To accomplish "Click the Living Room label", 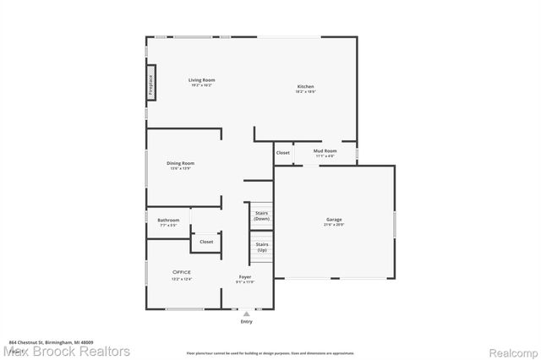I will (200, 80).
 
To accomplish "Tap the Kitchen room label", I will (305, 87).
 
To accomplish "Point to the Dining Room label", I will (180, 163).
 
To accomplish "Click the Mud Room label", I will (325, 151).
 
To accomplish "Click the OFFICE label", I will (182, 271).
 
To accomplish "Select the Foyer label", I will (245, 276).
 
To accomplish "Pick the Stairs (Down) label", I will (262, 215).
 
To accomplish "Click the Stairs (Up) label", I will (262, 248).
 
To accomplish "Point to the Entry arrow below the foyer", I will (246, 314).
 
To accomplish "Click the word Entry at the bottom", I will (246, 322).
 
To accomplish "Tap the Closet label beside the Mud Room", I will (283, 153).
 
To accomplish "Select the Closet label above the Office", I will (206, 242).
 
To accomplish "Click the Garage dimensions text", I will (334, 226).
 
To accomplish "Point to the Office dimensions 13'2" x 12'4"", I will (182, 279).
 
